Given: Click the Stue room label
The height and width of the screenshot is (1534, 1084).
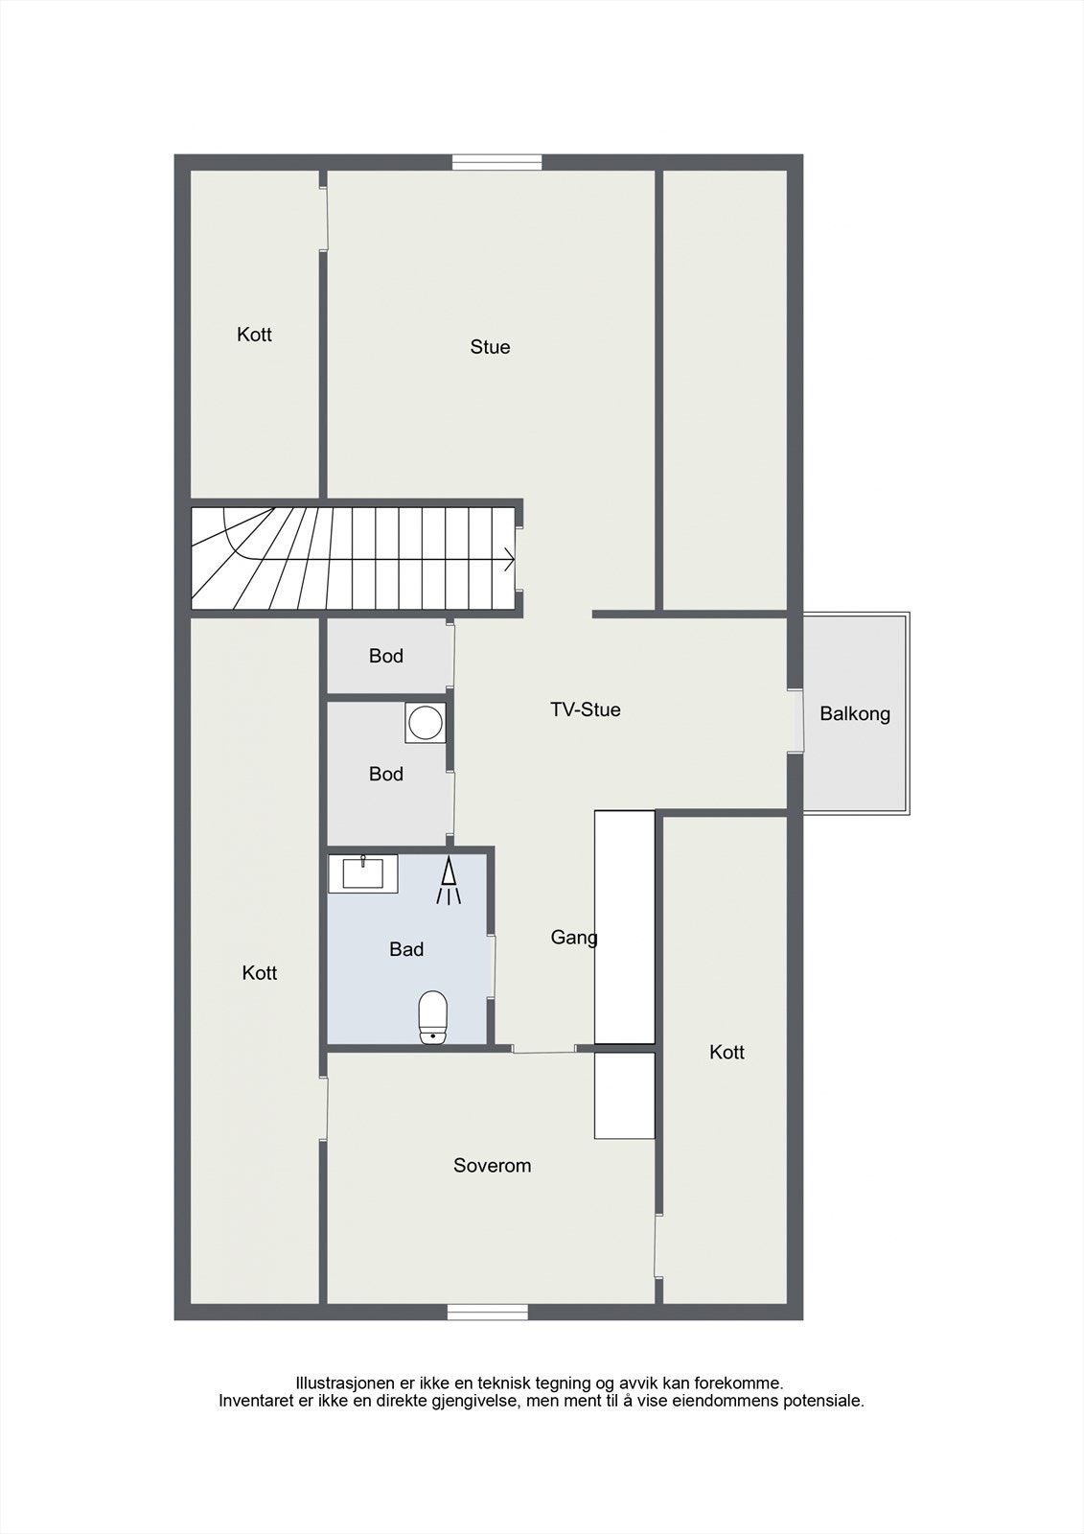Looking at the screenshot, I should click(x=490, y=347).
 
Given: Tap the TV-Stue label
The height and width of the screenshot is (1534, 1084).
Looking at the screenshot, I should click(x=585, y=709).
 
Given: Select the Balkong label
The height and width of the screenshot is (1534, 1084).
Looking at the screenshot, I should click(x=855, y=713).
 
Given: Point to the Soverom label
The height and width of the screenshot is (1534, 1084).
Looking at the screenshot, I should click(x=492, y=1166).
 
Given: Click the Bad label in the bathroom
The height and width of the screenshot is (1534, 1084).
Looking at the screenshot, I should click(x=406, y=949).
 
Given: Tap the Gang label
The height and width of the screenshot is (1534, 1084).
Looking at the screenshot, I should click(x=573, y=938).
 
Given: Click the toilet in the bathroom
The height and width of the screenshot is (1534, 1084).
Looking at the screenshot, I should click(x=433, y=1017).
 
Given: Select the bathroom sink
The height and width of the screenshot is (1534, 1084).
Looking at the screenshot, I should click(x=362, y=873).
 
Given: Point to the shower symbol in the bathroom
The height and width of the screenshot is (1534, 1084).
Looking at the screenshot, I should click(x=448, y=881).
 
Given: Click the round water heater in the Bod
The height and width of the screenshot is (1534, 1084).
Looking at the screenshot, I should click(x=425, y=724).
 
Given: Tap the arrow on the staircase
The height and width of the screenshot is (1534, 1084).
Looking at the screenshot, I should click(x=507, y=559).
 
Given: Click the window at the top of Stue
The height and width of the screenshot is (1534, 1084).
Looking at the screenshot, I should click(x=496, y=163).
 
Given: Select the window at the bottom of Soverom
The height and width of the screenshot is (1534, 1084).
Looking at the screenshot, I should click(x=487, y=1313).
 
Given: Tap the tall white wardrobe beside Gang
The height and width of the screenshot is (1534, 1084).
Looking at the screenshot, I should click(x=624, y=927).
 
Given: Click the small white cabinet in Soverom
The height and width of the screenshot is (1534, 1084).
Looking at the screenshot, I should click(x=624, y=1096).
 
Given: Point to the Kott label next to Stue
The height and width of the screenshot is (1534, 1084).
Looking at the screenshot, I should click(x=254, y=335).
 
